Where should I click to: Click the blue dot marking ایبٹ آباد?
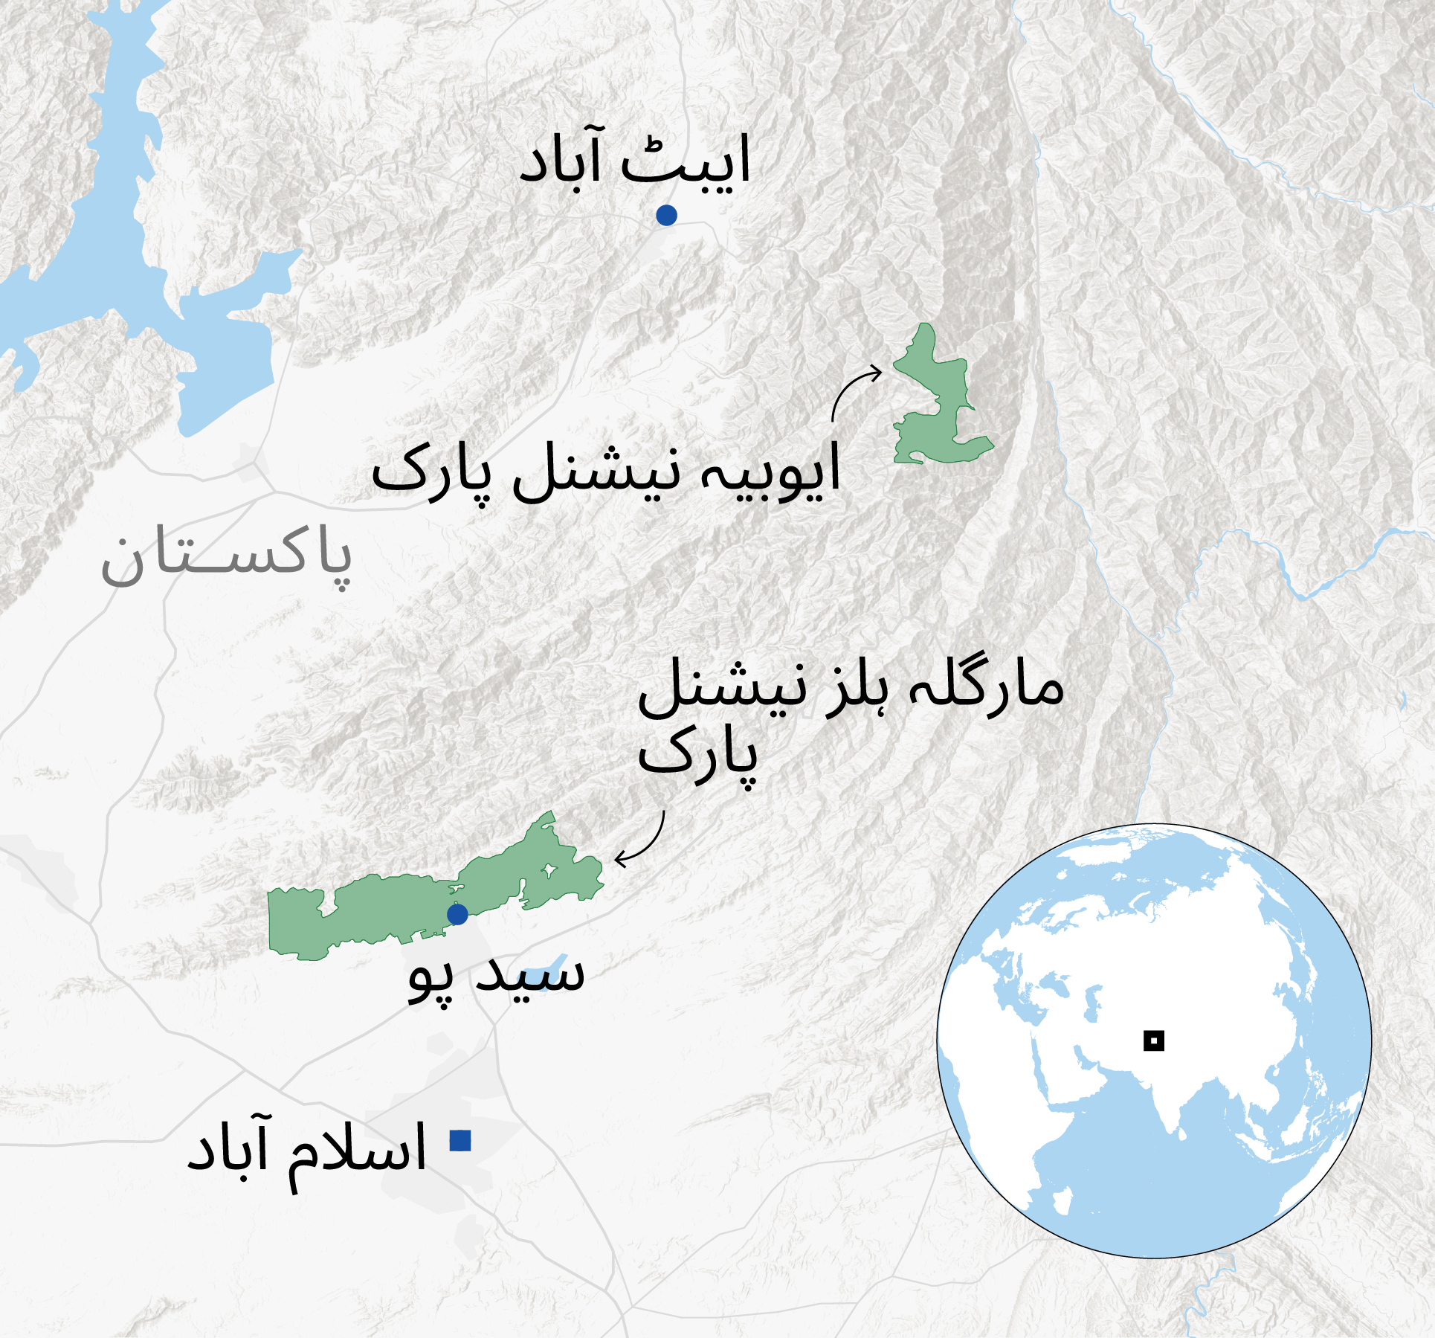click(666, 215)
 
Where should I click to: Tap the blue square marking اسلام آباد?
click(460, 1140)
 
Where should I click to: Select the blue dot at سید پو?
click(457, 914)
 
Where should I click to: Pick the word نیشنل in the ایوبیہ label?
click(597, 471)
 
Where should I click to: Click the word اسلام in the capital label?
click(358, 1149)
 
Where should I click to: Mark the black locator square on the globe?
click(1153, 1041)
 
